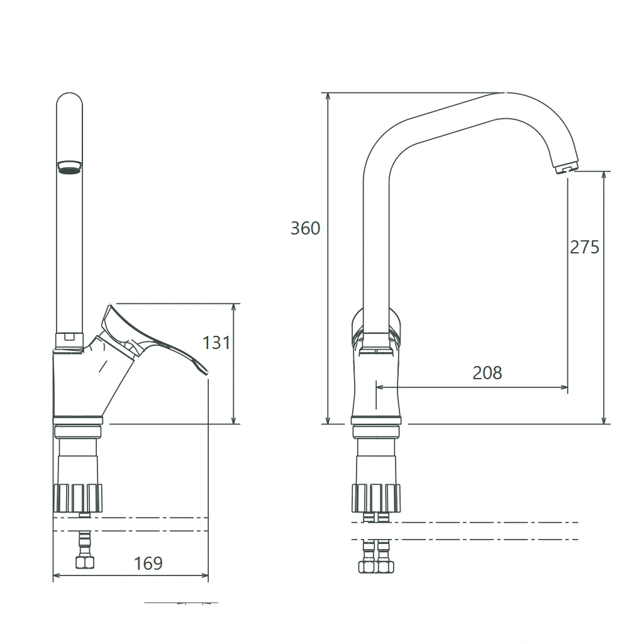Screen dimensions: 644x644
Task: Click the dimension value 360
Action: click(x=305, y=228)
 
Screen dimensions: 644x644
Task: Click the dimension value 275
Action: click(x=584, y=247)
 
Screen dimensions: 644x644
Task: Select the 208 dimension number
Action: click(x=487, y=373)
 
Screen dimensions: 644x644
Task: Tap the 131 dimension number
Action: click(x=216, y=343)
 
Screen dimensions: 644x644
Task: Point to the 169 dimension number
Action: click(x=148, y=563)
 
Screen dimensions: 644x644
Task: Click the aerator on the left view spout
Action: click(x=69, y=167)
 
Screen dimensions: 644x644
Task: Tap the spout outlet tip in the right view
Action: click(x=566, y=167)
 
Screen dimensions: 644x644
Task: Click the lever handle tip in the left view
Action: click(x=206, y=372)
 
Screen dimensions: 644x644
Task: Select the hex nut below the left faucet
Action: click(x=85, y=562)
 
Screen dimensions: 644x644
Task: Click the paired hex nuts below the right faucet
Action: click(x=376, y=567)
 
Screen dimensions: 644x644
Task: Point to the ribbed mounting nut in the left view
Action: click(x=77, y=498)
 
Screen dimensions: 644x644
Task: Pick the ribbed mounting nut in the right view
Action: click(x=376, y=498)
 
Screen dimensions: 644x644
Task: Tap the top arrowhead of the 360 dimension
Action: click(x=328, y=97)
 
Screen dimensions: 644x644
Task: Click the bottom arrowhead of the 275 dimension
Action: click(x=604, y=419)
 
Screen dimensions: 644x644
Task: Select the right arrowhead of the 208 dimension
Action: click(x=563, y=387)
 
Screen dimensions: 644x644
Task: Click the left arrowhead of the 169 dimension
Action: click(x=58, y=575)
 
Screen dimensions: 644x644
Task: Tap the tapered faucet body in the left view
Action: click(x=82, y=384)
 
